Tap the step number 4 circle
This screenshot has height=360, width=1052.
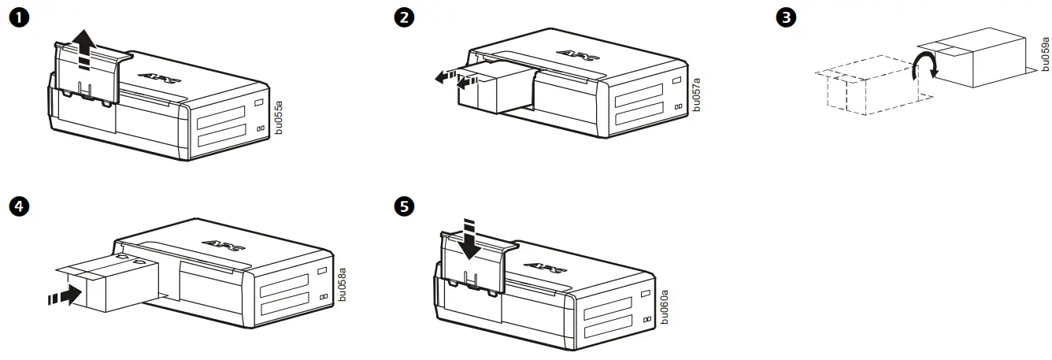point(14,206)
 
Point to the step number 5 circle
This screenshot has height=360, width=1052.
point(403,206)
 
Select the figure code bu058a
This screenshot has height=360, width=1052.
point(342,284)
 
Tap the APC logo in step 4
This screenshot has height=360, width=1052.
point(220,245)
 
